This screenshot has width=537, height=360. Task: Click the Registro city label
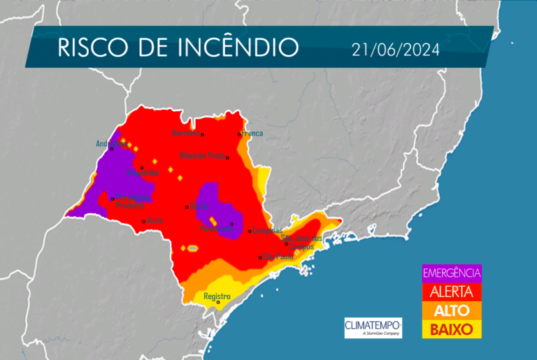pos(217,296)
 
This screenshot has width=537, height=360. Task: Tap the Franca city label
pos(252,133)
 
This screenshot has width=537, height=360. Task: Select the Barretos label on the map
pos(187,133)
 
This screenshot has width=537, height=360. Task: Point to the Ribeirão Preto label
pos(202,155)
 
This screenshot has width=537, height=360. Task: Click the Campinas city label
pos(268,230)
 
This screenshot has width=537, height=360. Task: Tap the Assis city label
pos(155,221)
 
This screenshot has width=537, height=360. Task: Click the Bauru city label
pos(199,206)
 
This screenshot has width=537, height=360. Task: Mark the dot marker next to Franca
pos(239,134)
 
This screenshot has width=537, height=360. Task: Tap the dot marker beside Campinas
pos(250,231)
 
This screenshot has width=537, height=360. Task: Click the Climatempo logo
pos(373,327)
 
